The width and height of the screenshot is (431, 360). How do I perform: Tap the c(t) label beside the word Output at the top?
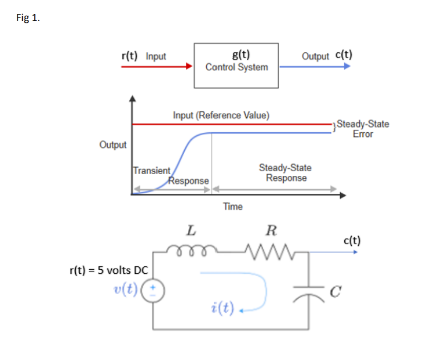pos(343,55)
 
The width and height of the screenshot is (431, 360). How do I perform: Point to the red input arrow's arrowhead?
pos(189,66)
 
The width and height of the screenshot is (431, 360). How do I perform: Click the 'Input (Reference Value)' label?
pos(221,115)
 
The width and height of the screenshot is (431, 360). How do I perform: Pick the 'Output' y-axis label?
pos(113,144)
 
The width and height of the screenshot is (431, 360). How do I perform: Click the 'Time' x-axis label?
pos(232,206)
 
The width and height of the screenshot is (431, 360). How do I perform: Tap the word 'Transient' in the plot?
pos(151,171)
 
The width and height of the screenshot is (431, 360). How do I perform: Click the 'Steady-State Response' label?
pos(285,173)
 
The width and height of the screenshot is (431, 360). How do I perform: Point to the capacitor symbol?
pos(309,291)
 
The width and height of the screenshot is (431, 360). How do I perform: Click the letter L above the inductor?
pos(190,231)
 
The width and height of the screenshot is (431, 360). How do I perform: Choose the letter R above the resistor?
pos(270,231)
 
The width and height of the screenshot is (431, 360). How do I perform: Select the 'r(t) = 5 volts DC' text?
pos(108,270)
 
